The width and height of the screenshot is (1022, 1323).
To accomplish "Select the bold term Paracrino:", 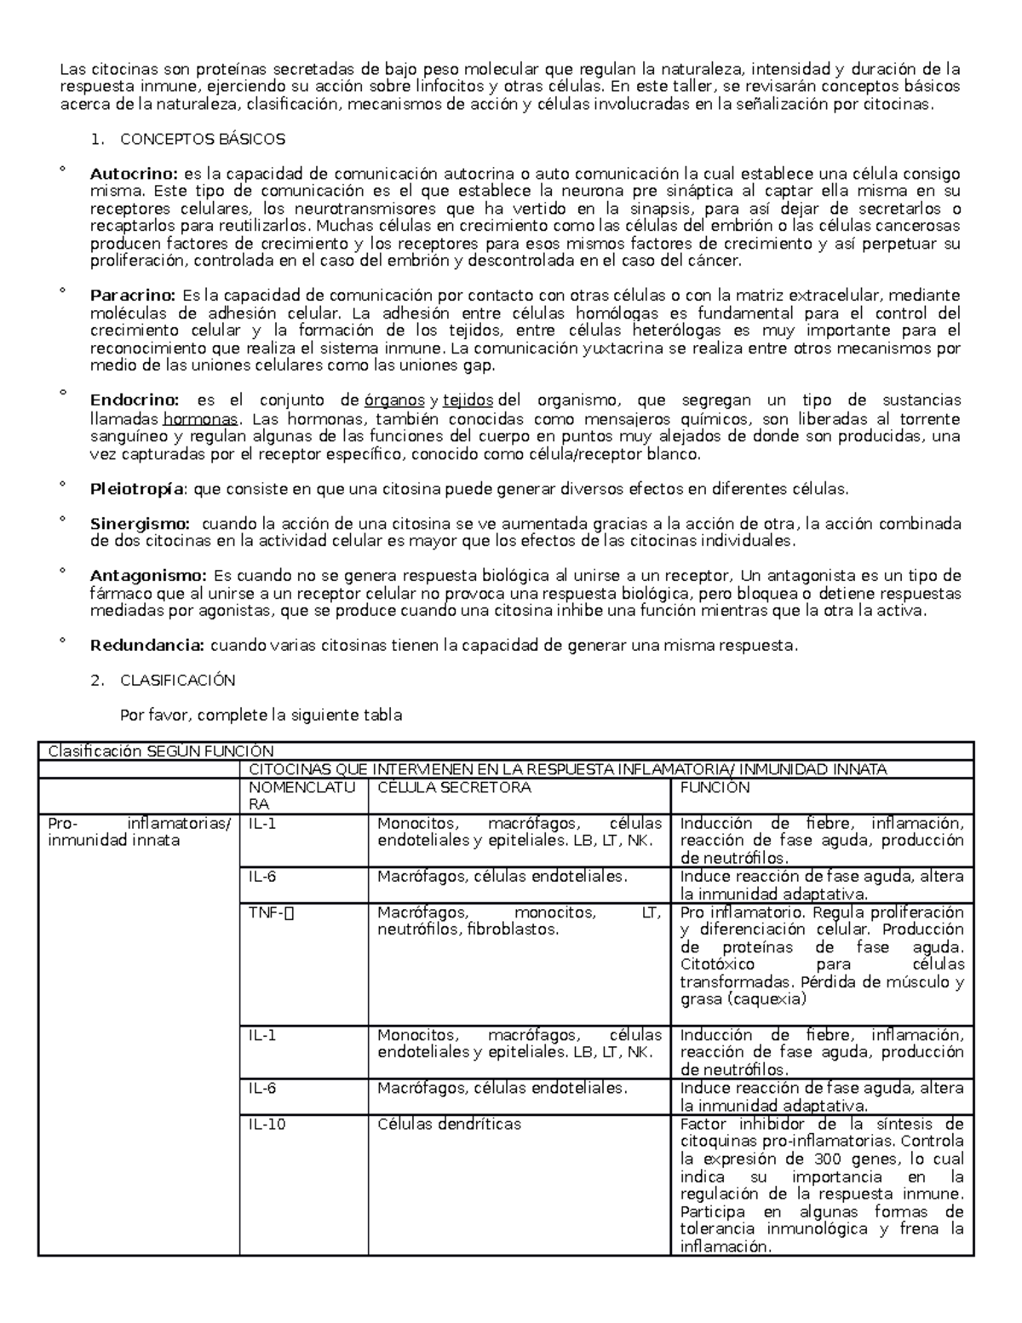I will tap(132, 296).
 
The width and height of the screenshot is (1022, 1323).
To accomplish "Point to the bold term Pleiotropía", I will tap(136, 489).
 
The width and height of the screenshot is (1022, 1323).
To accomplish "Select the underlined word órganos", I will tap(394, 400).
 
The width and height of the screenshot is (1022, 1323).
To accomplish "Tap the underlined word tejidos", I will tap(468, 400).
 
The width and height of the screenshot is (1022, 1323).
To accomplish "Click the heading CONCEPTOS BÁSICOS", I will tap(203, 139).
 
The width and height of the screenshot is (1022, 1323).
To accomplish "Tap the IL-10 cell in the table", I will tap(267, 1124).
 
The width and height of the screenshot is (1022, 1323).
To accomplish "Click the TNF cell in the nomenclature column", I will tap(270, 912).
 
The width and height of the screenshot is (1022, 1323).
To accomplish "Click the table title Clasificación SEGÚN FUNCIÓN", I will tap(161, 751).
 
